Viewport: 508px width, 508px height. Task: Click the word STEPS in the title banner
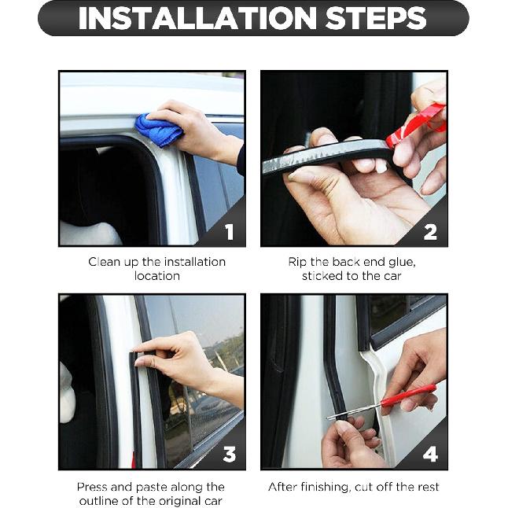tap(369, 19)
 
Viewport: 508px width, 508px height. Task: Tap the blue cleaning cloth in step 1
tap(160, 129)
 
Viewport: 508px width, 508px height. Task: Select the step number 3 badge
tap(229, 455)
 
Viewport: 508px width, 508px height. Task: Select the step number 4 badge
tap(430, 455)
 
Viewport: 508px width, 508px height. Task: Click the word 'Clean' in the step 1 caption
tap(104, 262)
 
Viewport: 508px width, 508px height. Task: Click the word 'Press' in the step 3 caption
tap(93, 487)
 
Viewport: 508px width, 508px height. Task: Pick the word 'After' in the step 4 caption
tap(284, 487)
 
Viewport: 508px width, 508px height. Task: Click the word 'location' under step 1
tap(156, 276)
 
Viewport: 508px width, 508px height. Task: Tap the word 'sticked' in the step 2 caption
tap(324, 276)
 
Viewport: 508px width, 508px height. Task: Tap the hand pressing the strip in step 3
tap(177, 359)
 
